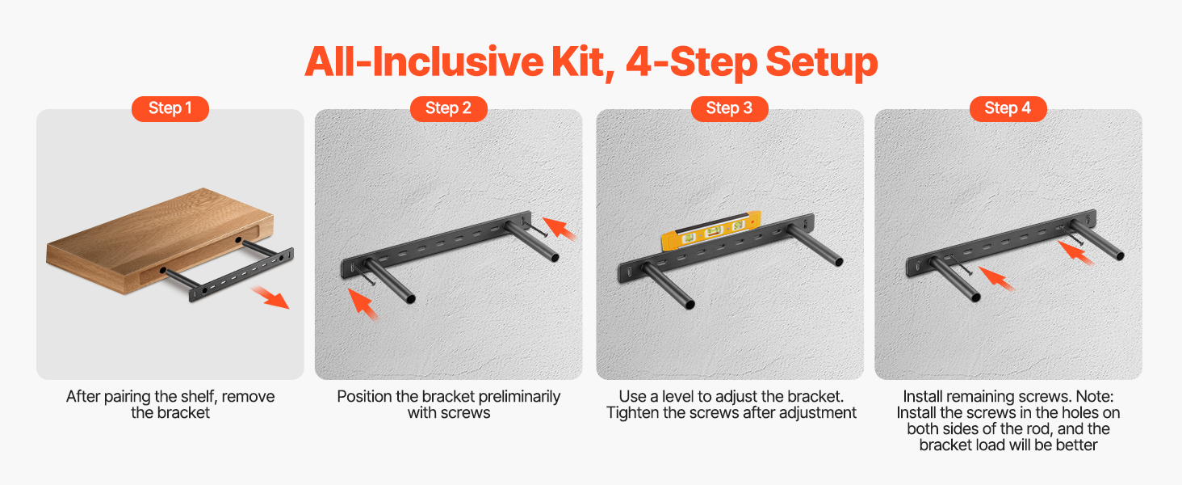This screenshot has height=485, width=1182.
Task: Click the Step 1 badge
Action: coord(170,109)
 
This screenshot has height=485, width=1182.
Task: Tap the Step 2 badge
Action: coord(449,109)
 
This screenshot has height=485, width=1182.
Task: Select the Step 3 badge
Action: coord(729,109)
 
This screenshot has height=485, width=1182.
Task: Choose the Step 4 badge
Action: coord(1008,109)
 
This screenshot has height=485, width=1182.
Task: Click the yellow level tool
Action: coord(710,231)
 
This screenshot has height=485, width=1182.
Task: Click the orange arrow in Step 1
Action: coord(270,297)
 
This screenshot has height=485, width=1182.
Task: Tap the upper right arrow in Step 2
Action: coord(560,228)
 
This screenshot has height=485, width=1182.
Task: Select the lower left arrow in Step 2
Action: coord(363,304)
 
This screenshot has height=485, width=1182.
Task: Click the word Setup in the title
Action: coord(822,62)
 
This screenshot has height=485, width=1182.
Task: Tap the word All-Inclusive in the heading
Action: coord(424,62)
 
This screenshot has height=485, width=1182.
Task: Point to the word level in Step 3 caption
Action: coord(679,396)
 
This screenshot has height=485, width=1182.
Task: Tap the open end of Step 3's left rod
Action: coord(689,304)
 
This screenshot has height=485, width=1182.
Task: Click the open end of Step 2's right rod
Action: coord(554,258)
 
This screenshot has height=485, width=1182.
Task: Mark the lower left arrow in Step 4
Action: coord(996,278)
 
